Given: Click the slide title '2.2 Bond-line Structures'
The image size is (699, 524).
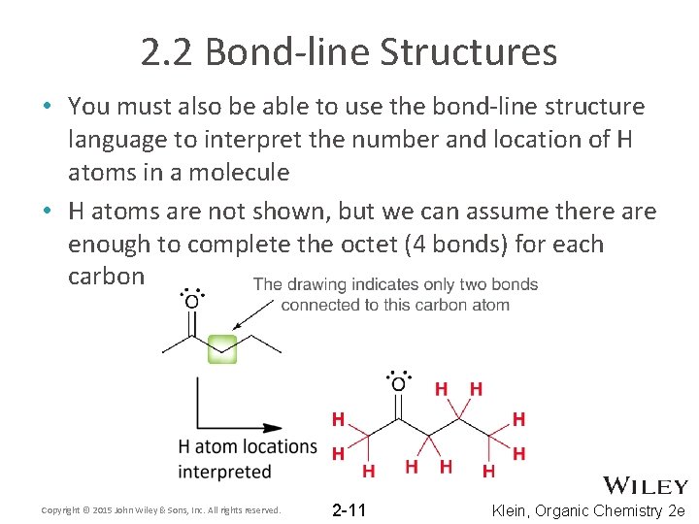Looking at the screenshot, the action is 349,51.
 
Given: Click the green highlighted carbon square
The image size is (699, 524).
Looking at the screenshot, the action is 222,347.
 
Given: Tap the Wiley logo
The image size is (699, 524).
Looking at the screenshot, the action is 646,485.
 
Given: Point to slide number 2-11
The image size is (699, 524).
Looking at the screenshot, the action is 349,509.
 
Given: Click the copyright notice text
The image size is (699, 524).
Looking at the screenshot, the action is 161,509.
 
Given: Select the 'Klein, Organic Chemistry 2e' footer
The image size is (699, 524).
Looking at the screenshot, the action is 589,510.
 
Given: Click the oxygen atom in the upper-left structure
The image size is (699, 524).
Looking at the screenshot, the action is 192,302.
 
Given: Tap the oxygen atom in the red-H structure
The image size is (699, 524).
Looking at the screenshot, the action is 398,384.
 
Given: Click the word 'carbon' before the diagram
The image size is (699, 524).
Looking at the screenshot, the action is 106,277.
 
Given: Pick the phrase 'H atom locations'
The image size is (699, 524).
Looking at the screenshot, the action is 248,447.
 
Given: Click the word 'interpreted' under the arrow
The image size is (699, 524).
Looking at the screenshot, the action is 224,472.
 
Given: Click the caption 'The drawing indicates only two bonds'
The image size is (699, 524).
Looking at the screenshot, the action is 395,285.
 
